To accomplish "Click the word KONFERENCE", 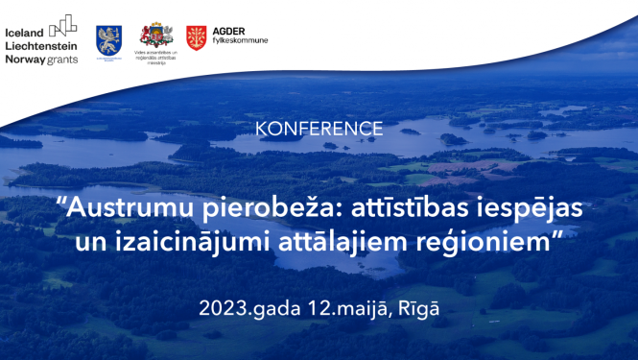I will tap(319, 129).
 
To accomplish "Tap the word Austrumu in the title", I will tap(116, 207).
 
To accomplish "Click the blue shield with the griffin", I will tap(108, 38).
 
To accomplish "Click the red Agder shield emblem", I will tap(197, 37).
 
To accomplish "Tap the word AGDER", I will tap(228, 31).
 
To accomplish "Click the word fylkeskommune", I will tap(240, 41).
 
